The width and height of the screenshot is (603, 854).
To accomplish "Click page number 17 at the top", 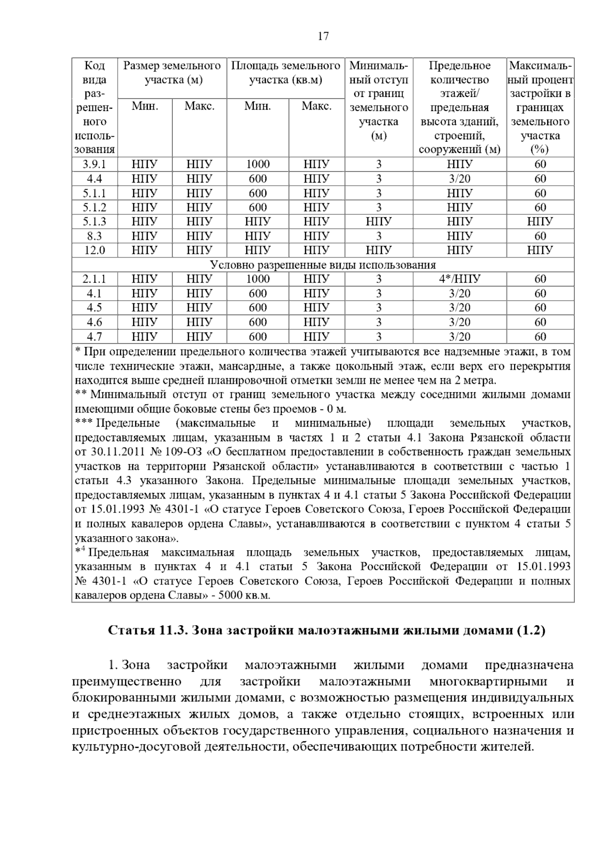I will [x=323, y=36].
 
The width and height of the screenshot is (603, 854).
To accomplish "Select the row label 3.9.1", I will [x=94, y=164].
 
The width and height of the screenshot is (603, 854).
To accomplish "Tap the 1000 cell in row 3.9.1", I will [x=258, y=164].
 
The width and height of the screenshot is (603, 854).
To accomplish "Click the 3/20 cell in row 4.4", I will [x=459, y=179].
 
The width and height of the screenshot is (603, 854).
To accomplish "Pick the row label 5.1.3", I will [x=94, y=221].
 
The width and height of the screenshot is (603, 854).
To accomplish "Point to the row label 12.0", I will [x=94, y=250].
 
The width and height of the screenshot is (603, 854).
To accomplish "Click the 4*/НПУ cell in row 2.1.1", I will [x=459, y=279].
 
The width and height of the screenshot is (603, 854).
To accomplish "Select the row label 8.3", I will [x=94, y=236].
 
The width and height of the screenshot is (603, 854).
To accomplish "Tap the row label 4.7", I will [x=94, y=336].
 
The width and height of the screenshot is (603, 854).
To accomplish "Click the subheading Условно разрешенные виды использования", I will [x=323, y=265].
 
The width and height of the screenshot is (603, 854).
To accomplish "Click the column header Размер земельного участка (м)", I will [x=172, y=72].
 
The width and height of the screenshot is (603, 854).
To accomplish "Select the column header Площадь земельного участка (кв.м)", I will [x=285, y=72].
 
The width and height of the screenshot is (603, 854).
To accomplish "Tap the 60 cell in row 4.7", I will [x=540, y=336].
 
